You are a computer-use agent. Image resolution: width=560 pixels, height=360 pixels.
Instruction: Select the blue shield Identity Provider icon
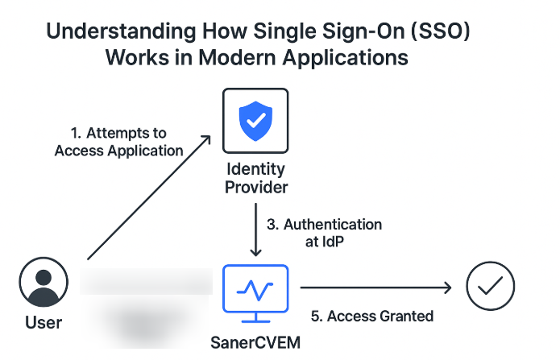[254, 121]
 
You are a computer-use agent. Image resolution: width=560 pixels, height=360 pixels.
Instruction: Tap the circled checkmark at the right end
[490, 286]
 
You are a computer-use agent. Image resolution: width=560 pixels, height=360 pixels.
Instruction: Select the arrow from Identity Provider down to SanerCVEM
[255, 230]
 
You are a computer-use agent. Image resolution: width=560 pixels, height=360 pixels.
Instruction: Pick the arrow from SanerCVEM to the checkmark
[375, 286]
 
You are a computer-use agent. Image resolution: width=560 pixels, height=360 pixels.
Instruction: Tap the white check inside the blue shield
[254, 120]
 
